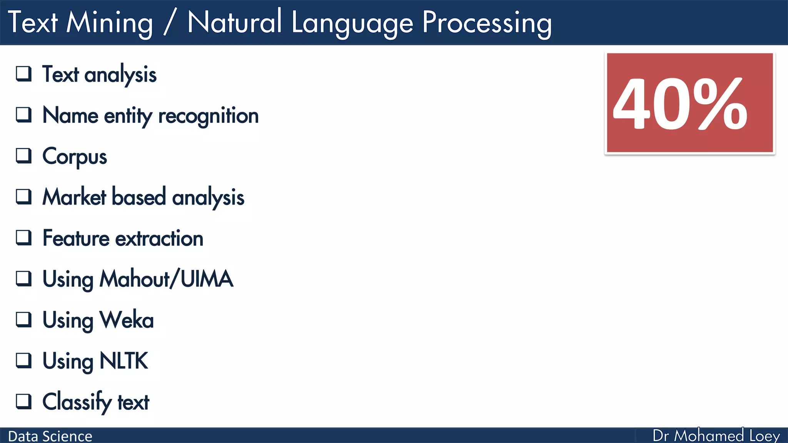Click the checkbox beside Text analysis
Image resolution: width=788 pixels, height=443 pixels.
tap(23, 73)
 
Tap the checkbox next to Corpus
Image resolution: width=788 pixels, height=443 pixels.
tap(23, 156)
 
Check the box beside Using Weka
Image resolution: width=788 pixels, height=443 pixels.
tap(23, 319)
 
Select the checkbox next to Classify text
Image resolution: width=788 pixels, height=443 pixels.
tap(23, 401)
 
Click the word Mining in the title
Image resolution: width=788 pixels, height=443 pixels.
tap(110, 23)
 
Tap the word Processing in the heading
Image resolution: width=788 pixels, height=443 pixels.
tap(487, 23)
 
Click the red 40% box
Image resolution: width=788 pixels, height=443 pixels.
tap(689, 103)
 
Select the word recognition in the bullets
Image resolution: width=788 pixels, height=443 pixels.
tap(208, 116)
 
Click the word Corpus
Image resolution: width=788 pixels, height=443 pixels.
tap(75, 157)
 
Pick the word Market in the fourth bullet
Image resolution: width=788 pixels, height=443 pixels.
tap(74, 197)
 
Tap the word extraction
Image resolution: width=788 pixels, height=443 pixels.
tap(159, 238)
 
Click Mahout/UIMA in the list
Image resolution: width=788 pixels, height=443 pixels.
tap(166, 279)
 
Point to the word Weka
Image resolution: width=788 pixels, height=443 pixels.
tap(127, 320)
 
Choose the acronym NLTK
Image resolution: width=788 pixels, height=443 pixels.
tap(124, 361)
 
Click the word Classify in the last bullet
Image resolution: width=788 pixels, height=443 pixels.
tap(77, 402)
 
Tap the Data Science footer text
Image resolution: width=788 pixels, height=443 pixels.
tap(50, 436)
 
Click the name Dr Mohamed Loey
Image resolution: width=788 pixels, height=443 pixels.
tap(716, 436)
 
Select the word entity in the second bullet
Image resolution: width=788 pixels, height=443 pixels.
tap(128, 116)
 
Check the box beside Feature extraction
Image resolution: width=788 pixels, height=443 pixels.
tap(23, 238)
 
